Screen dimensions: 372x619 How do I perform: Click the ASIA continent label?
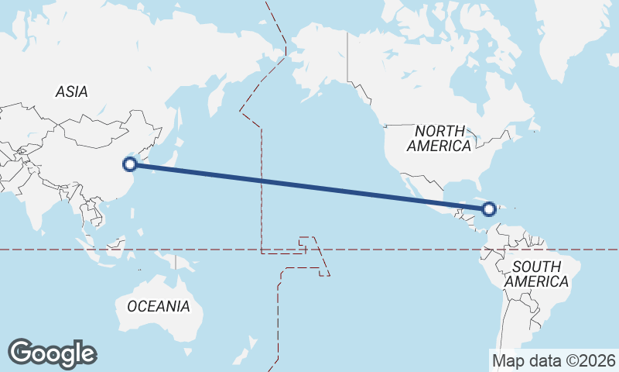click(x=71, y=91)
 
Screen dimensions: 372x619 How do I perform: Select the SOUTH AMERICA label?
click(x=536, y=274)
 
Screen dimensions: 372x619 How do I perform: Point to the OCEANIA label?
click(x=158, y=306)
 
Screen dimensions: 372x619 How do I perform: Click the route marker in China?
click(x=131, y=164)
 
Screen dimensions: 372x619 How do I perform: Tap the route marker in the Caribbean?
click(x=489, y=208)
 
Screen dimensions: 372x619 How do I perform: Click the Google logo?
click(x=52, y=353)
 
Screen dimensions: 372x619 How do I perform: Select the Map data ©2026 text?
click(x=553, y=360)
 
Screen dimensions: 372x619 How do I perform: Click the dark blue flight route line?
click(x=309, y=186)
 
